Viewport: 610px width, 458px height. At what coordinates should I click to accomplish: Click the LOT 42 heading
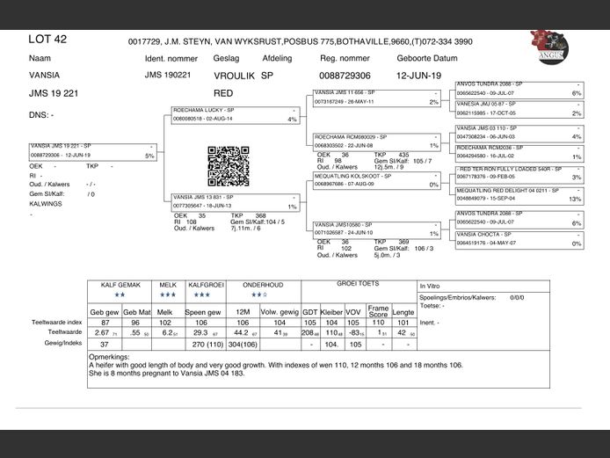[x=47, y=40]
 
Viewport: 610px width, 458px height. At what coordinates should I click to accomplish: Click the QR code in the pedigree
[x=229, y=166]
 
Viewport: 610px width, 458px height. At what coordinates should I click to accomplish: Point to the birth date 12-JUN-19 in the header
[x=418, y=76]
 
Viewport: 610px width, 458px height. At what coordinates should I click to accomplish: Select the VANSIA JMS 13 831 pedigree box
[x=234, y=202]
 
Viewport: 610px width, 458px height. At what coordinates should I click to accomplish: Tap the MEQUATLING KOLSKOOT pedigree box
[x=376, y=180]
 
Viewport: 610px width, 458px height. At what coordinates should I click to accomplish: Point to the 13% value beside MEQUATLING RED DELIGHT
[x=576, y=200]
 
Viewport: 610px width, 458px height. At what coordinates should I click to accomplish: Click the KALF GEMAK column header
[x=120, y=286]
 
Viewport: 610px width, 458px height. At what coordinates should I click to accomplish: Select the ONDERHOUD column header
[x=263, y=286]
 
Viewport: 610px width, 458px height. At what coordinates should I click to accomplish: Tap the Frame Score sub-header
[x=378, y=311]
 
